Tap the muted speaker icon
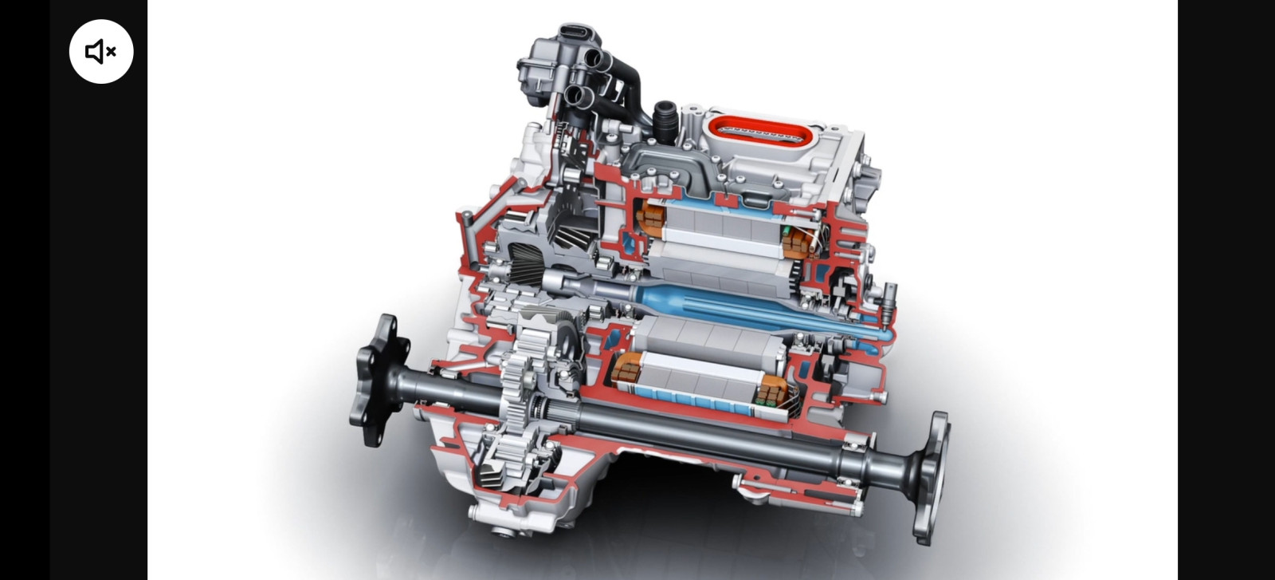[x=101, y=52]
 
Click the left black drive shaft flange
[x=380, y=380]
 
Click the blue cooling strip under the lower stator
[x=693, y=404]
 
